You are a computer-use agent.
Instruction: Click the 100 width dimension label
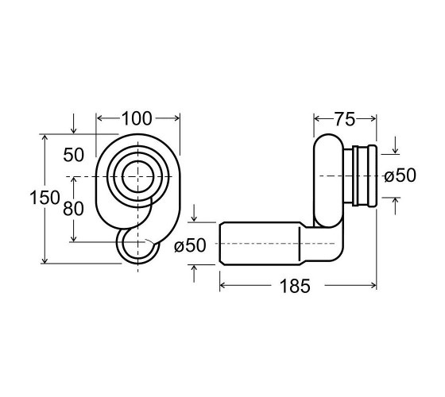pos(137,118)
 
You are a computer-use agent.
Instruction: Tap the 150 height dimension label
pos(44,198)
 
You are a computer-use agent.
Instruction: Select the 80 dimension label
pos(73,209)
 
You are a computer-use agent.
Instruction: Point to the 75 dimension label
pos(345,119)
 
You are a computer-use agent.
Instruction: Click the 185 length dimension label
pos(295,286)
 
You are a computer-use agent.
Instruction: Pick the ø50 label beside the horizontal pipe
pos(190,245)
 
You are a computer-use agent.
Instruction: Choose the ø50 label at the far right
pos(400,175)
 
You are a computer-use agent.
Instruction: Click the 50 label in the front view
pos(73,155)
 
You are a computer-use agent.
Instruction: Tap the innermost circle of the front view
pos(138,161)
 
